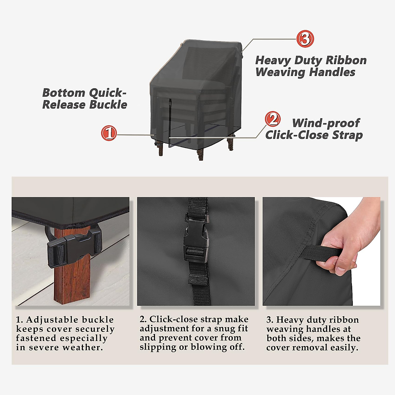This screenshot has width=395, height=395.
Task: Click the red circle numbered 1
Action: (x=109, y=133)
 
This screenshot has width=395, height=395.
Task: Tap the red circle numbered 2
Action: (x=273, y=119)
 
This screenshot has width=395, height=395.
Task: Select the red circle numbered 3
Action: (x=305, y=39)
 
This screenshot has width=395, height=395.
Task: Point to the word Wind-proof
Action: (x=326, y=123)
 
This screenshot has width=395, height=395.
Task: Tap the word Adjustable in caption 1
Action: (x=52, y=320)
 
